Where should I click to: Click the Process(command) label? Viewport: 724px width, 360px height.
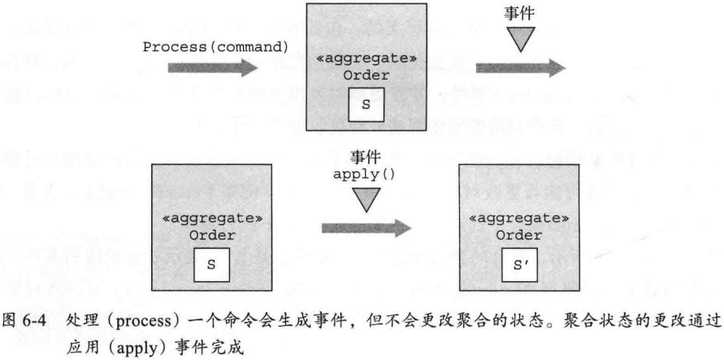tap(217, 46)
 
